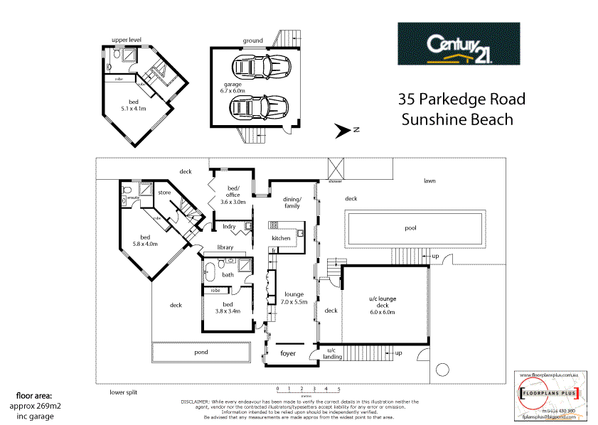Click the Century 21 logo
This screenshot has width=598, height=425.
(458, 44)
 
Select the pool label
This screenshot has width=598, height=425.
(410, 228)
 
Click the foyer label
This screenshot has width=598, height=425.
(287, 352)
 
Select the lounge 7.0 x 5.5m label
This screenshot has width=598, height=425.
(293, 298)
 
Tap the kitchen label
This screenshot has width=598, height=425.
(281, 238)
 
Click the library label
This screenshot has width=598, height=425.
(226, 247)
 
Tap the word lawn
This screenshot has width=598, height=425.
(429, 181)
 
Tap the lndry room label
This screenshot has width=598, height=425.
(229, 227)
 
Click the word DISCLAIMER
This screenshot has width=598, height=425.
(194, 401)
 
